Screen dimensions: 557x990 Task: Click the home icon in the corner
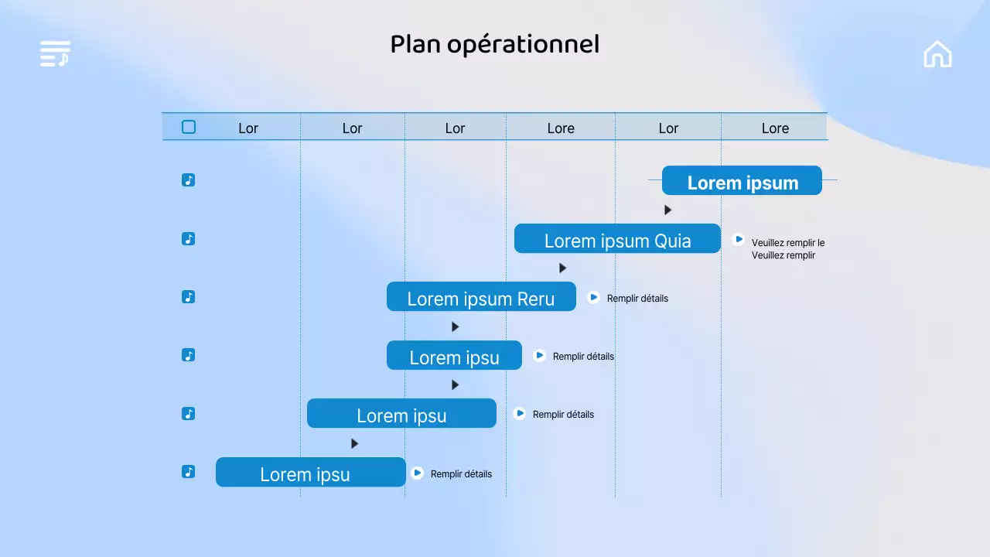point(937,54)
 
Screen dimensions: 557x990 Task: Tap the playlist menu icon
point(55,53)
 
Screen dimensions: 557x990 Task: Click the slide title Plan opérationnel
point(494,45)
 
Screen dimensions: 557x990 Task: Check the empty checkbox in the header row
point(189,127)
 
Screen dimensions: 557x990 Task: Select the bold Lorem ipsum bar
point(742,181)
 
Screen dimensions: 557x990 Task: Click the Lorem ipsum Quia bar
point(617,239)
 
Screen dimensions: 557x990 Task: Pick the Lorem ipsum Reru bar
point(481,297)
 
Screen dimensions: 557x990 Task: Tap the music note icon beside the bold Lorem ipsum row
point(188,180)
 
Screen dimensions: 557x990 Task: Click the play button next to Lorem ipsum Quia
point(739,240)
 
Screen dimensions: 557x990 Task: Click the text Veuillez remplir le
point(787,243)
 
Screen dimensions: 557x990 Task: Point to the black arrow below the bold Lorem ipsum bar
point(668,210)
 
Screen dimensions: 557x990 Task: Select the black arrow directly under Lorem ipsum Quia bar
point(563,268)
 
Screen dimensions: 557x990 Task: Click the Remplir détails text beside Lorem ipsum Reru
point(637,299)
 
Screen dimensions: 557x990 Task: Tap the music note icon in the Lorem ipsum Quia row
point(188,239)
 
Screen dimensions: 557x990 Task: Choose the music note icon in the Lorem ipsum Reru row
point(188,297)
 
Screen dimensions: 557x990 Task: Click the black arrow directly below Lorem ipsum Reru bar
point(456,327)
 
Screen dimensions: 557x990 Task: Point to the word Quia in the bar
point(673,241)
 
